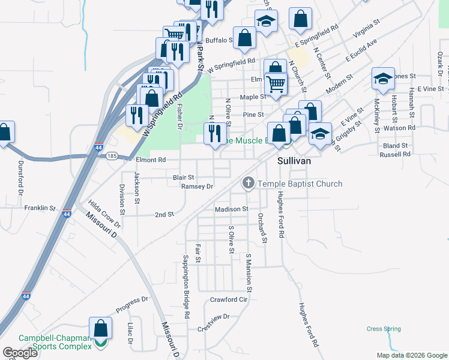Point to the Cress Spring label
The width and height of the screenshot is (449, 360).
click(384, 329)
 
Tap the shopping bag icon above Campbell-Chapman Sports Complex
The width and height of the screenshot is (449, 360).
click(100, 328)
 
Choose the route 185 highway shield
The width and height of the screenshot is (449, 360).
click(112, 155)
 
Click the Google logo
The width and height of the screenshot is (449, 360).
click(20, 353)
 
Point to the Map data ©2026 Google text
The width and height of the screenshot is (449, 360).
click(411, 355)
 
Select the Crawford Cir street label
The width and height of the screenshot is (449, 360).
click(229, 299)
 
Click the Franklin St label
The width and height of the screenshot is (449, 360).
click(40, 208)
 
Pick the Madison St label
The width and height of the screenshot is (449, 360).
click(232, 209)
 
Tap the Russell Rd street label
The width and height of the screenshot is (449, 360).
click(395, 154)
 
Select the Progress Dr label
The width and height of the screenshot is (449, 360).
click(132, 304)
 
